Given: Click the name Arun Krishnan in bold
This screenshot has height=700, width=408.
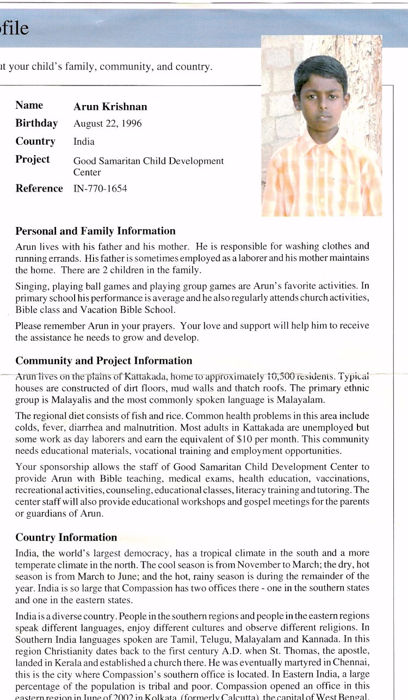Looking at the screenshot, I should (110, 107).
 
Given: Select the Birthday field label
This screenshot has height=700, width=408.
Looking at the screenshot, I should (36, 124).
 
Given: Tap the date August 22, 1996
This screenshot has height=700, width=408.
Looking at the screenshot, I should (107, 124).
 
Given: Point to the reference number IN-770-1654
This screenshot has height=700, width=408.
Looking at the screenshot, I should (100, 189).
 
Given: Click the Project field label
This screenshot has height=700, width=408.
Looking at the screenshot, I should (32, 159).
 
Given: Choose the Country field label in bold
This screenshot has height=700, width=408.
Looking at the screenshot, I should (35, 142).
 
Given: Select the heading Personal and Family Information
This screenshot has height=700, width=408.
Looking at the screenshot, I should (95, 231).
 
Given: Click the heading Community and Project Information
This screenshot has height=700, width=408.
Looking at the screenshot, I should (103, 361).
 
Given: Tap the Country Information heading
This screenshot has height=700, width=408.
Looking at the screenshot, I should (66, 537).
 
